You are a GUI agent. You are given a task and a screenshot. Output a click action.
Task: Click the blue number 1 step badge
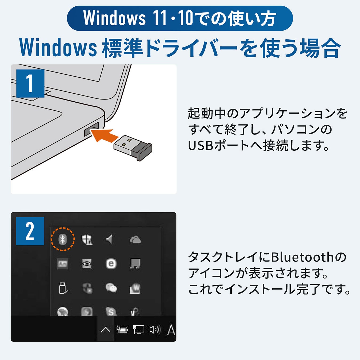point(30,83)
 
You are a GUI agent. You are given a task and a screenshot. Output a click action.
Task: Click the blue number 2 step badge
point(30,231)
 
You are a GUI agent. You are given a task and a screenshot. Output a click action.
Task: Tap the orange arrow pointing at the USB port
point(104,135)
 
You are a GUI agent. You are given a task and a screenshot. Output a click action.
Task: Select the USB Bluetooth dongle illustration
point(133,147)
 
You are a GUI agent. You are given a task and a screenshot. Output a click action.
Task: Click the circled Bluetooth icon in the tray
point(63,239)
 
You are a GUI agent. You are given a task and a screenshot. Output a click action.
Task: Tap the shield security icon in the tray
point(87,239)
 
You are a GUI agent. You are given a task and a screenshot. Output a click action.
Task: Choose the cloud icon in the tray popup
point(135,239)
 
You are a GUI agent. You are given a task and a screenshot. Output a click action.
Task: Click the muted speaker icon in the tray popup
point(109,239)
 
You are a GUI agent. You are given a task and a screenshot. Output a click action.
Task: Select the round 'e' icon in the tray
point(111,264)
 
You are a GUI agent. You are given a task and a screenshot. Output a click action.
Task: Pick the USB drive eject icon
point(63,288)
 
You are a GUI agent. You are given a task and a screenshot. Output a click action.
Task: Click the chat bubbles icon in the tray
point(111,288)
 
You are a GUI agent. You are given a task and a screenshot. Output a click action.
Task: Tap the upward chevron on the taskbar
point(106,330)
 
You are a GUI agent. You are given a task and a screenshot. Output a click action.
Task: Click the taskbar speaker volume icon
point(155,330)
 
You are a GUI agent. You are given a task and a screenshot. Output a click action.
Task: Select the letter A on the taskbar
point(171,330)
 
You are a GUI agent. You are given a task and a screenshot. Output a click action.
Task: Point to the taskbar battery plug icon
point(122,330)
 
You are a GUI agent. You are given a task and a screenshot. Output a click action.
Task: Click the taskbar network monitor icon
point(138,330)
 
